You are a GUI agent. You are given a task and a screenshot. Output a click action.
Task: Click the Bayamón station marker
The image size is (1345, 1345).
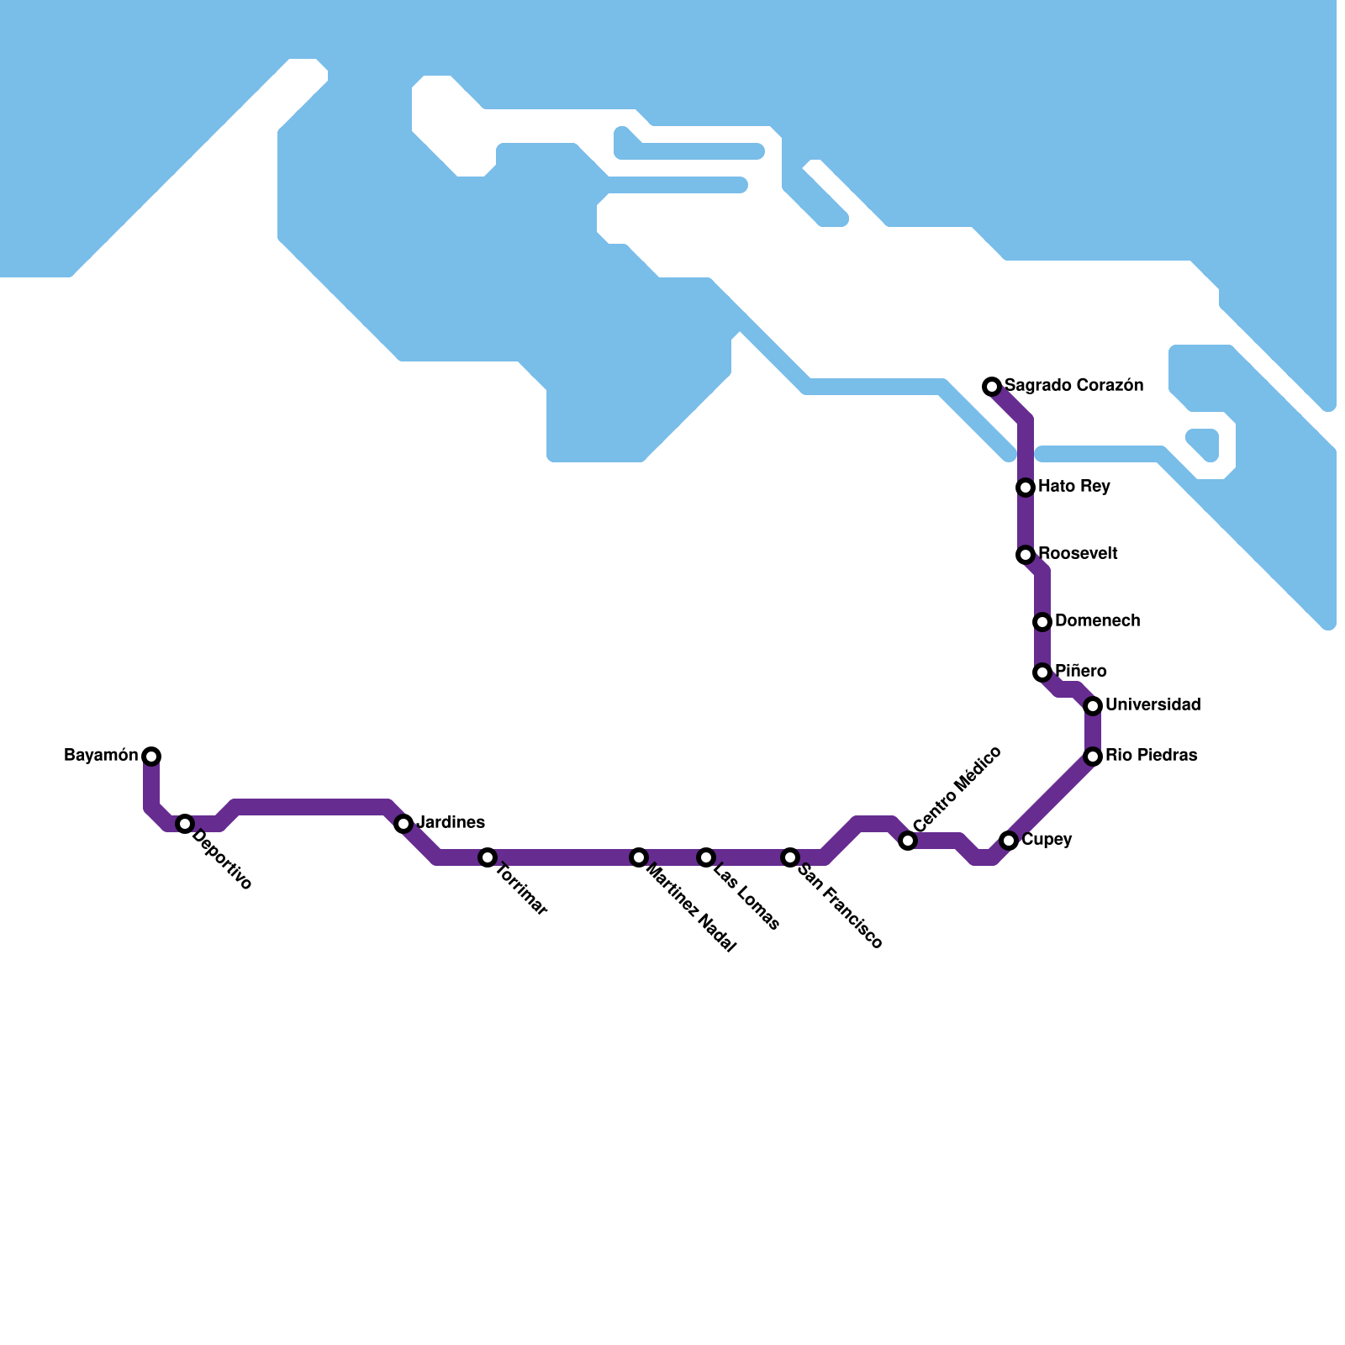pyautogui.click(x=151, y=757)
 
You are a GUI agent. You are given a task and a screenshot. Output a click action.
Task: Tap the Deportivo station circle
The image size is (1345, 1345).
pyautogui.click(x=185, y=824)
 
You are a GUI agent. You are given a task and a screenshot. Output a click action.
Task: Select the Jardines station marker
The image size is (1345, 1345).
pyautogui.click(x=403, y=824)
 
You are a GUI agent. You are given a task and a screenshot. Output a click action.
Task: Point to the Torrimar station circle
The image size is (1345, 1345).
pyautogui.click(x=488, y=857)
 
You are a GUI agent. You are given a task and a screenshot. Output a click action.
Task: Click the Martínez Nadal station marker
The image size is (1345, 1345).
pyautogui.click(x=639, y=857)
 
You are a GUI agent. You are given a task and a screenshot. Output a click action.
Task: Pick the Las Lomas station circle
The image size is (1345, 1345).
pyautogui.click(x=706, y=857)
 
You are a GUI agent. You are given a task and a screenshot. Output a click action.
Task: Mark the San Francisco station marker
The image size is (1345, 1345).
pyautogui.click(x=790, y=857)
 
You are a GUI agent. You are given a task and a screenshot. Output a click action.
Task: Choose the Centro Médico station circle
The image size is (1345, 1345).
pyautogui.click(x=908, y=841)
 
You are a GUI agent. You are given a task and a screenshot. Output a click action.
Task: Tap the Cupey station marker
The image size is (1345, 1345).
pyautogui.click(x=1009, y=841)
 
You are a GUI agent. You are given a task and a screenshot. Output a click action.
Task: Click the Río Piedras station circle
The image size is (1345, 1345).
pyautogui.click(x=1093, y=757)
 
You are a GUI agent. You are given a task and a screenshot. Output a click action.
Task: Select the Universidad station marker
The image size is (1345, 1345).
pyautogui.click(x=1093, y=706)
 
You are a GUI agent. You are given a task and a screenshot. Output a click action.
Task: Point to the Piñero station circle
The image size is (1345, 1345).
pyautogui.click(x=1042, y=672)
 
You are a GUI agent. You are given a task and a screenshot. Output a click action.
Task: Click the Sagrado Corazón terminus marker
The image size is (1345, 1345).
pyautogui.click(x=992, y=387)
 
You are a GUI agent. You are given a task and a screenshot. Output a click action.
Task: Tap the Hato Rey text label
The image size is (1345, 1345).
pyautogui.click(x=1073, y=487)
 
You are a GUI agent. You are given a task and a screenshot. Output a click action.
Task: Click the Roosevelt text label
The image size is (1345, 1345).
pyautogui.click(x=1078, y=554)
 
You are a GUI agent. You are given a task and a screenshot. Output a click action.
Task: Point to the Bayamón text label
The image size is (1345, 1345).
pyautogui.click(x=101, y=756)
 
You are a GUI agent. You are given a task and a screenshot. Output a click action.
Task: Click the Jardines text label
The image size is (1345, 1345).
pyautogui.click(x=451, y=823)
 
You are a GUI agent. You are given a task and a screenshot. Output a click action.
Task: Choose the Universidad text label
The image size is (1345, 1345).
pyautogui.click(x=1152, y=705)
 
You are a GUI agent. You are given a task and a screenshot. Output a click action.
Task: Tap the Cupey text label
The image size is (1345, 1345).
pyautogui.click(x=1047, y=840)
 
